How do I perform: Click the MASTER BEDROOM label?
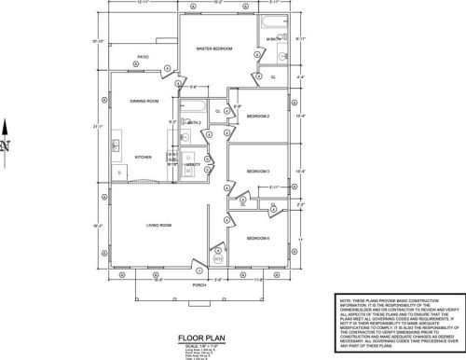[212, 48]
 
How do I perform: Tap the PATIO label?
[143, 56]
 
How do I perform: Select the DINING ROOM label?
[144, 100]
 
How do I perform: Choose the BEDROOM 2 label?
[257, 117]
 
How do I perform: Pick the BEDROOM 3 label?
[257, 172]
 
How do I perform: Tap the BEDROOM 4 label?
[257, 239]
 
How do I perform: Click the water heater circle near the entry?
[218, 249]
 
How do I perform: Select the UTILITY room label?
[192, 163]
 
